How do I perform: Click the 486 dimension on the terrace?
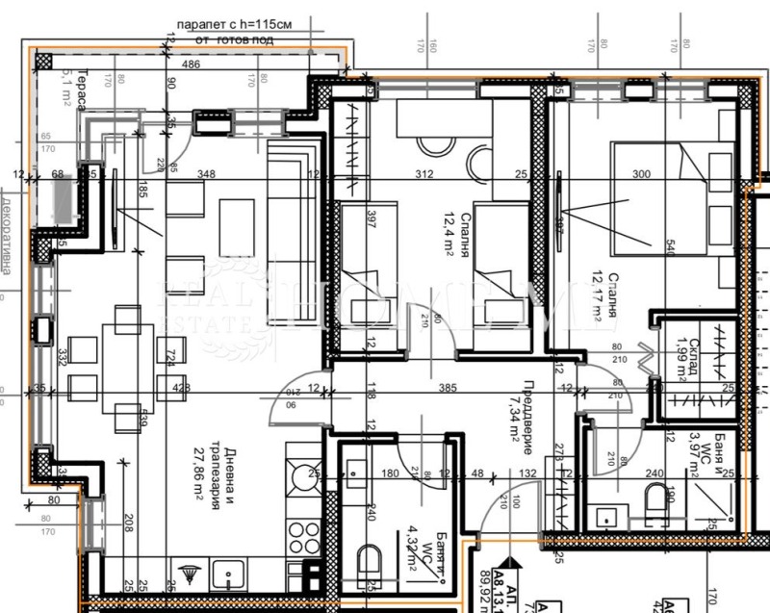click(x=191, y=64)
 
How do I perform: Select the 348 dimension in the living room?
click(x=205, y=174)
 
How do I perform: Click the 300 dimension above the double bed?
click(x=642, y=174)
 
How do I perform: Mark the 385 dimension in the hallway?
click(x=446, y=389)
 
